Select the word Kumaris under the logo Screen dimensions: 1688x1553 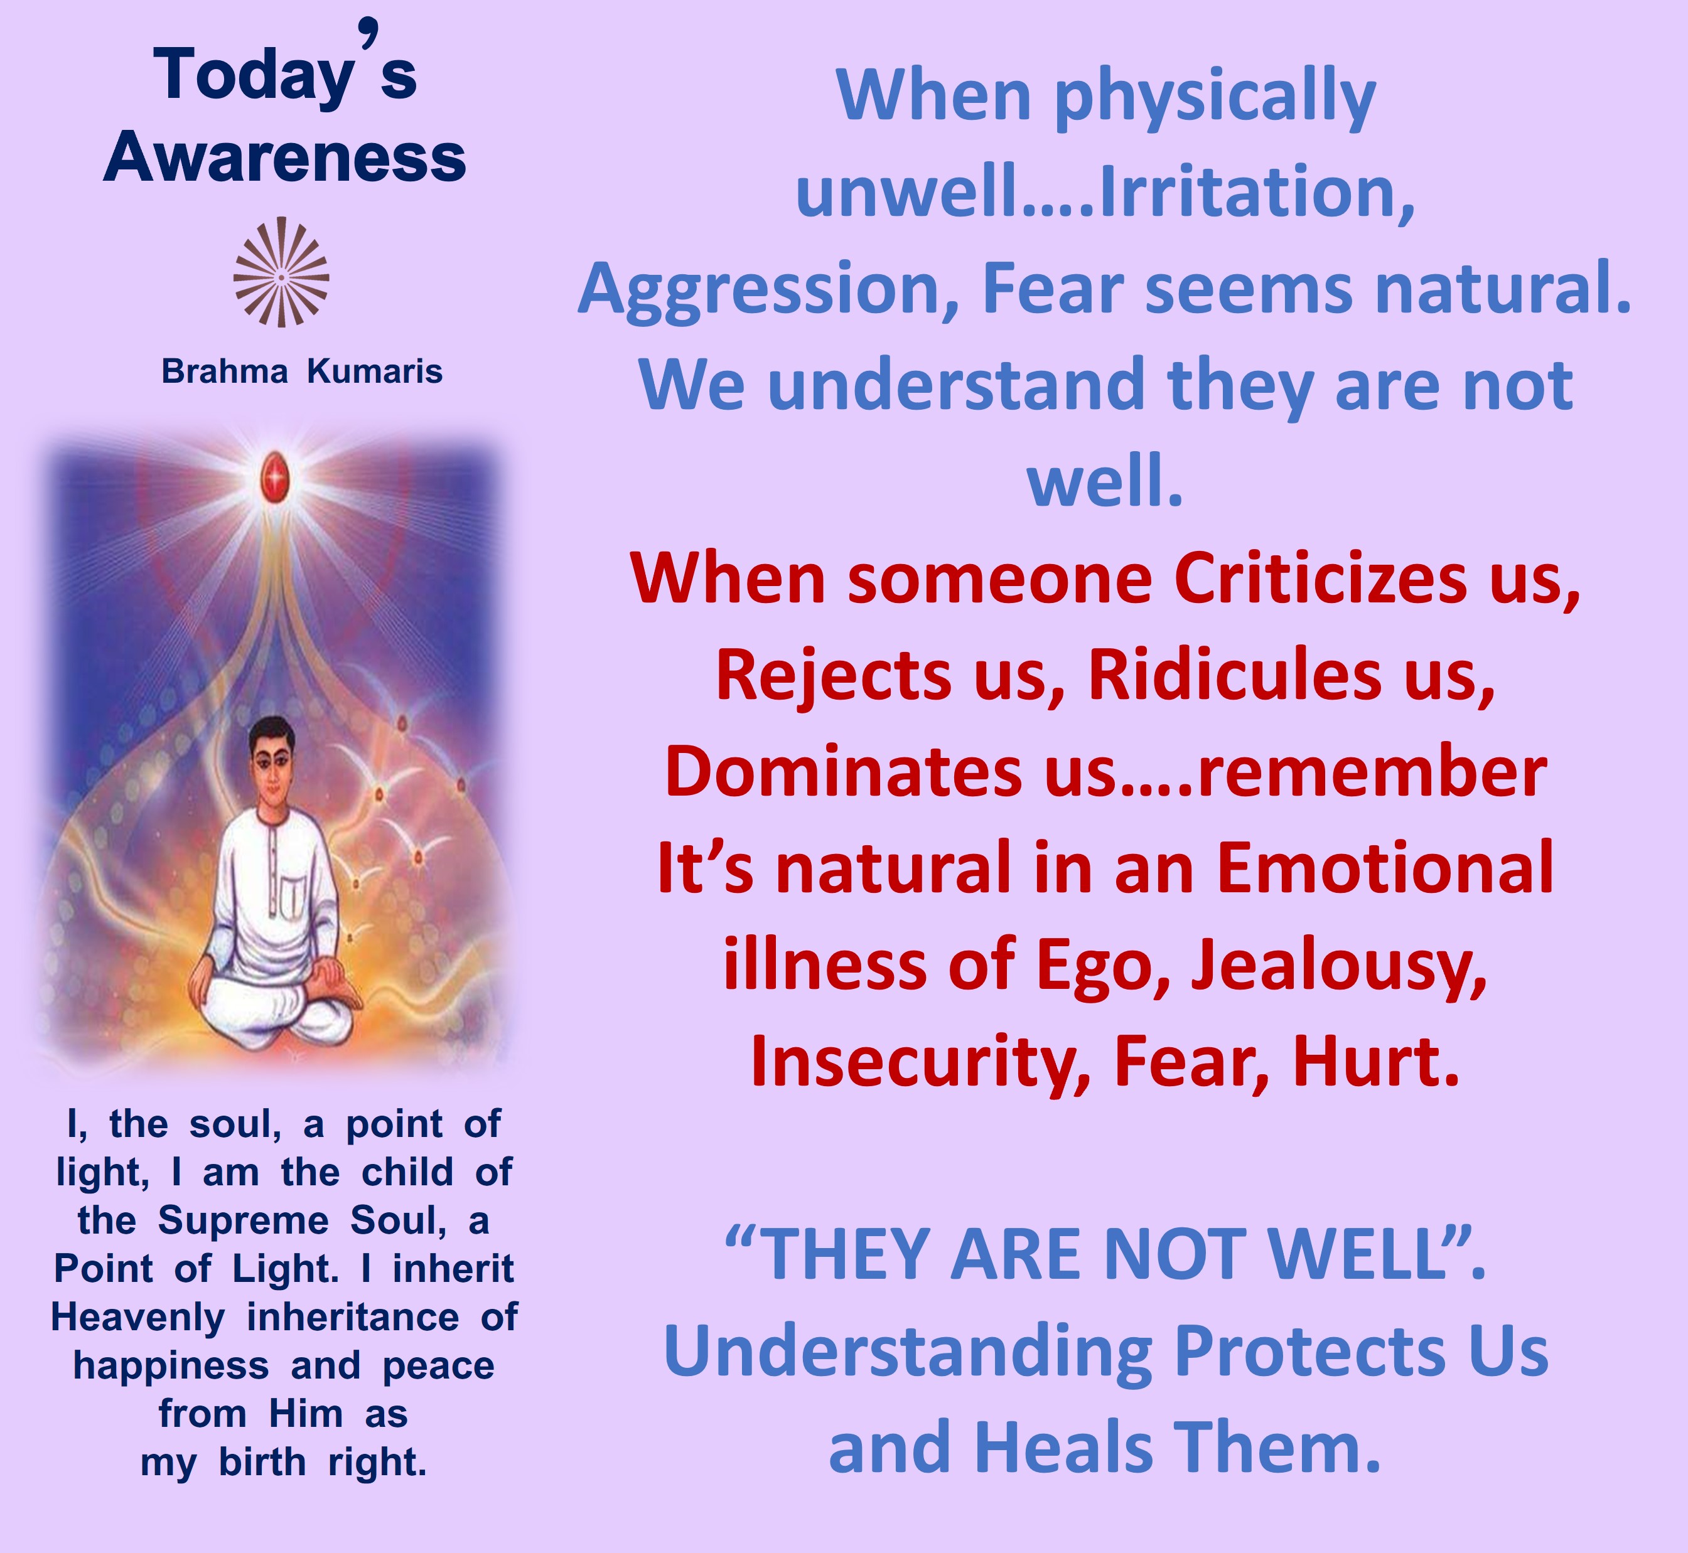point(374,371)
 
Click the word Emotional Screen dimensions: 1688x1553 point(1385,868)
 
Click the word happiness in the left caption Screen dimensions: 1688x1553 point(171,1367)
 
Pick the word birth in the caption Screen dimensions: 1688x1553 point(262,1463)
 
